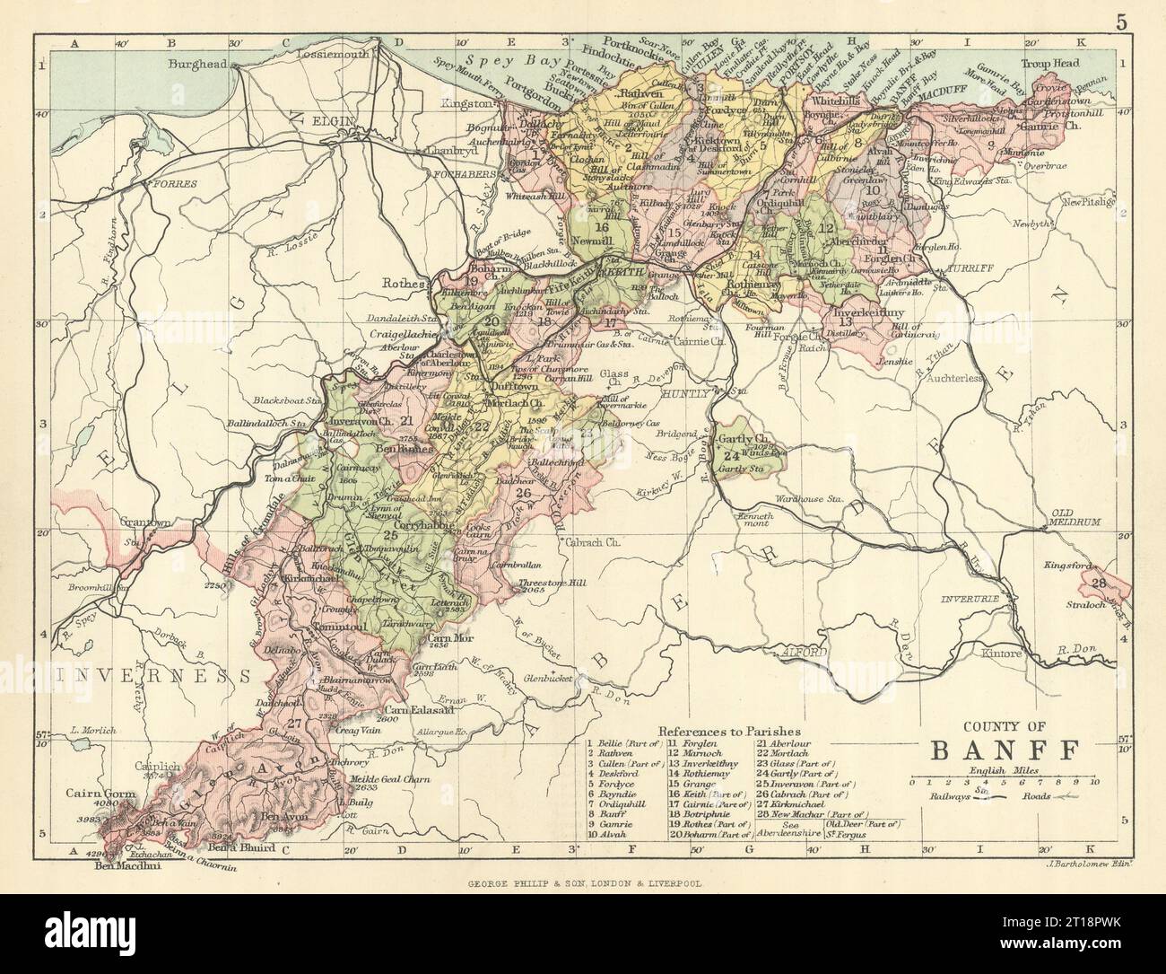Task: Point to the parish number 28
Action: tap(1098, 584)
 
